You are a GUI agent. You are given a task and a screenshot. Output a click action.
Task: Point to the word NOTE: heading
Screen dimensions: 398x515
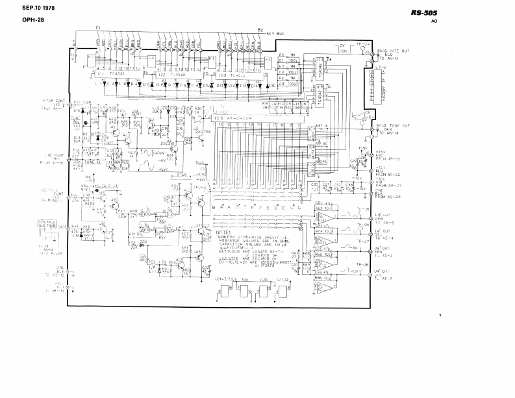point(222,230)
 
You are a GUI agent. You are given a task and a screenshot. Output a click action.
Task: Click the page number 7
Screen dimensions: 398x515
point(440,316)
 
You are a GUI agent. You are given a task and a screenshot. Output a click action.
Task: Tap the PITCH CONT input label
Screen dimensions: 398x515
point(53,102)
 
